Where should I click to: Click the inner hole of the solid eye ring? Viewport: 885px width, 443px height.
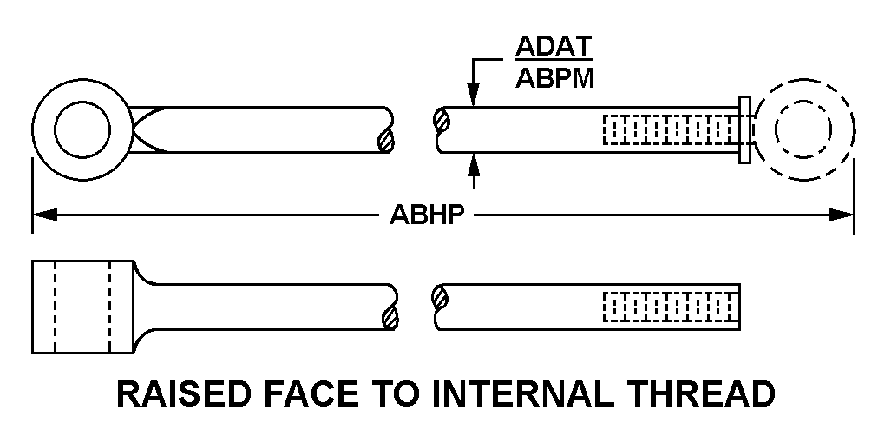tap(82, 133)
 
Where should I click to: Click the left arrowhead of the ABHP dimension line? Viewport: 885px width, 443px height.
tap(42, 215)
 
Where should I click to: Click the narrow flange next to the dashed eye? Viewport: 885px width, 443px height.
tap(744, 130)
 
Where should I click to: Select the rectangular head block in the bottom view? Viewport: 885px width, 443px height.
tap(82, 307)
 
